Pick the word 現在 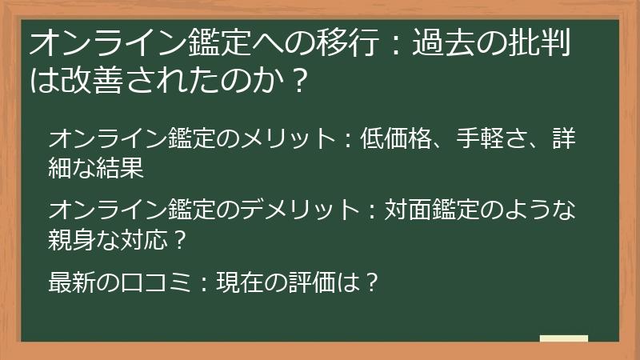coord(240,282)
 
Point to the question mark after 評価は coord(370,282)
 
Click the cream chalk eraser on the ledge coord(563,338)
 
